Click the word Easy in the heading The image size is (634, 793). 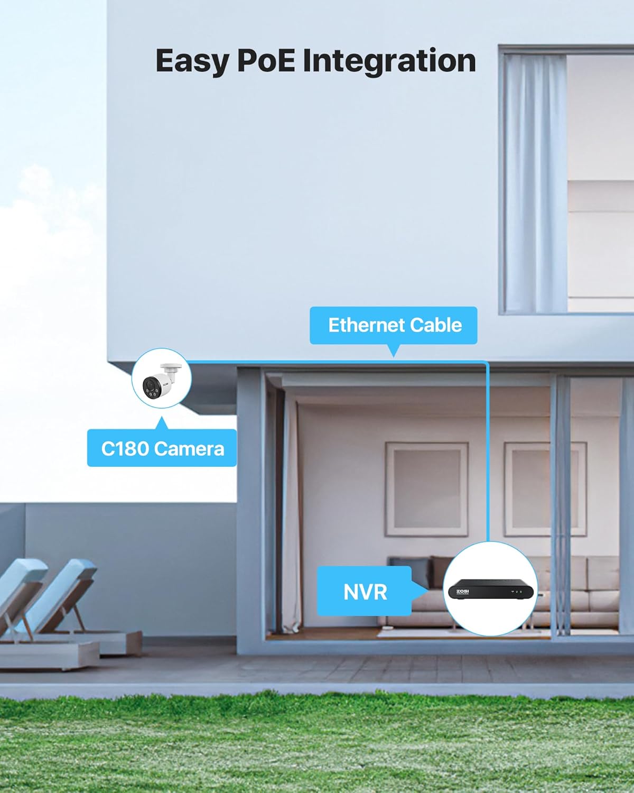pyautogui.click(x=191, y=61)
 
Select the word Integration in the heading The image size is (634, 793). pyautogui.click(x=389, y=61)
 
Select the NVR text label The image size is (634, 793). pyautogui.click(x=365, y=592)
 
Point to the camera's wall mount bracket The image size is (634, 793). pyautogui.click(x=172, y=367)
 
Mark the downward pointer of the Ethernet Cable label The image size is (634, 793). pyautogui.click(x=393, y=351)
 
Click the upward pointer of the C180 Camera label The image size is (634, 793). pyautogui.click(x=162, y=422)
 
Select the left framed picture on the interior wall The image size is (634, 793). pyautogui.click(x=426, y=489)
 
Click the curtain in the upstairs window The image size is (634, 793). pyautogui.click(x=534, y=180)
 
